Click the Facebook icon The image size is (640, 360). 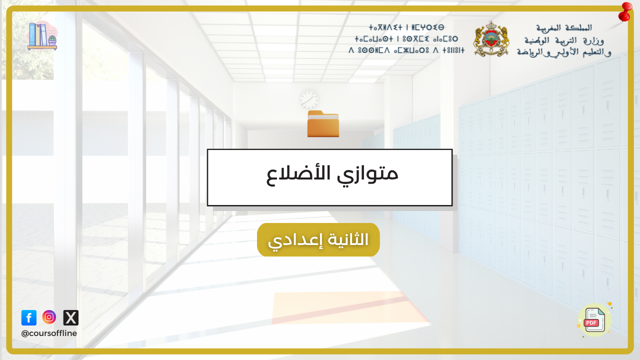point(29,317)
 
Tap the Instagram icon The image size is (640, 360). point(49,317)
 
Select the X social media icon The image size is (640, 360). point(71,317)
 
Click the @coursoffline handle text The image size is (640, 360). point(49,333)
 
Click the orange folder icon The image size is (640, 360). point(323,123)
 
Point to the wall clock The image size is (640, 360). point(309,100)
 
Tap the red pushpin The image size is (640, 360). point(625,12)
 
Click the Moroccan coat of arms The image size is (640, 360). point(491,39)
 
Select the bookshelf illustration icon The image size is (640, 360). point(42,35)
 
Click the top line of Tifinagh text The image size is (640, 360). point(406,27)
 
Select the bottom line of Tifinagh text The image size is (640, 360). point(406,50)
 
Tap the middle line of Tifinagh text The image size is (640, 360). point(406,39)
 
